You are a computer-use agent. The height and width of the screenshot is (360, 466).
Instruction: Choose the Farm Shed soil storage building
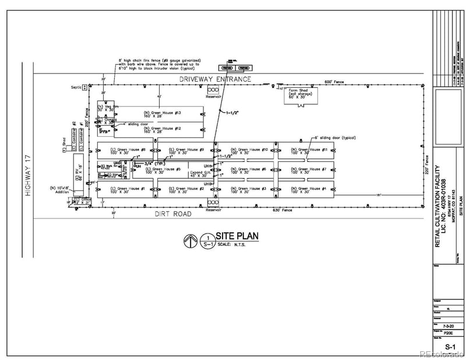299,94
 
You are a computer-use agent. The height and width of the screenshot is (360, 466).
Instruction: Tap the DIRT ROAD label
173,214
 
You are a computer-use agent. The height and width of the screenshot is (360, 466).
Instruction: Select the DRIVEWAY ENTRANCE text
216,79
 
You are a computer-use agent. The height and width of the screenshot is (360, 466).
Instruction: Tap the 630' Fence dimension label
283,210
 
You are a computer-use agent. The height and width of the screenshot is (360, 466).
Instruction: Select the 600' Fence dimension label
336,82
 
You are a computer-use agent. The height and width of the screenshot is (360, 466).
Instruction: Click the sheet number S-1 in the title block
450,347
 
